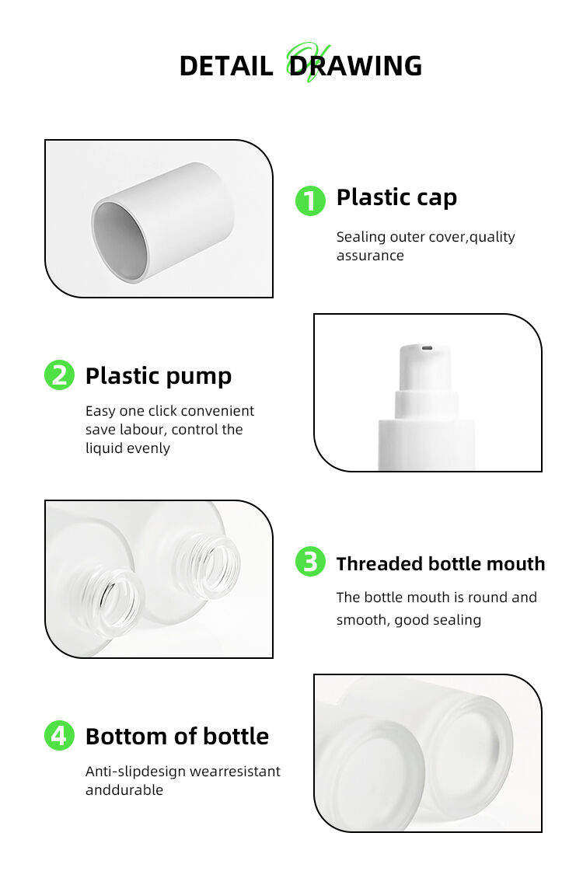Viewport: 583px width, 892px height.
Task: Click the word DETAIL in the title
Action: [x=226, y=66]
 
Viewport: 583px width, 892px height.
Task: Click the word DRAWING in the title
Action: [x=355, y=66]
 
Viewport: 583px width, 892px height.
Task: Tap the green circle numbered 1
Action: [x=310, y=200]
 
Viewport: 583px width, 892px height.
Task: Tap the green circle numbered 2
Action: [x=59, y=375]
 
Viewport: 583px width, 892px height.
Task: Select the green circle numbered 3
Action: [x=310, y=562]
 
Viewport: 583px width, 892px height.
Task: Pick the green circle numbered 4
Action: [x=59, y=735]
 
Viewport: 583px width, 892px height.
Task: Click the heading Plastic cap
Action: [x=396, y=198]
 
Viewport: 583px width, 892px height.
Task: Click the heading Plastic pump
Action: [x=159, y=377]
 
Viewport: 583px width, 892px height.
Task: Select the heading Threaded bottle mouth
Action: [x=441, y=564]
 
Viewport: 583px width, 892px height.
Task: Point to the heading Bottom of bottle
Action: [x=177, y=737]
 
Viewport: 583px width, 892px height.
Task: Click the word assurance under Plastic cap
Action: [x=370, y=256]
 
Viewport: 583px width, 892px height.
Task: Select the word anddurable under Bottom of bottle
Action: [x=124, y=790]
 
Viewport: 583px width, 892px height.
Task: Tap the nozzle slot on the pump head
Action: [x=425, y=347]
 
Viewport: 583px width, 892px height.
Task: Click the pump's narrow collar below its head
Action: [x=427, y=404]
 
